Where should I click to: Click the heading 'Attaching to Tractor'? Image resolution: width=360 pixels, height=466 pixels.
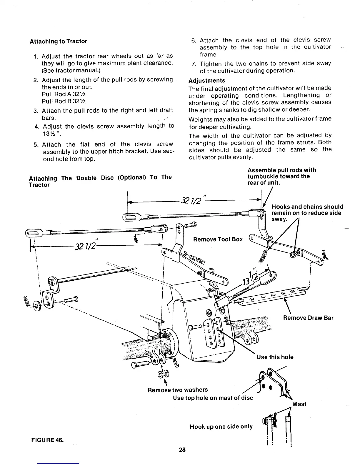(x=58, y=41)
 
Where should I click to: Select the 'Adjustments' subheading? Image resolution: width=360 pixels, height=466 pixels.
(x=207, y=81)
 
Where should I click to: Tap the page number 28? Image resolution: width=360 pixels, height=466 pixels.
(x=182, y=450)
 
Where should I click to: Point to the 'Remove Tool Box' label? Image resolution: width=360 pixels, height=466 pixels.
(x=218, y=239)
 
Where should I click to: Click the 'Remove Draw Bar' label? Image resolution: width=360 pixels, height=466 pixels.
(x=308, y=318)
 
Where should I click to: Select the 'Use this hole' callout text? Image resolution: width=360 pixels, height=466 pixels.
(x=275, y=357)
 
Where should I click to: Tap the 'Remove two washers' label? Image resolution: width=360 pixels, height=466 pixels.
(x=178, y=390)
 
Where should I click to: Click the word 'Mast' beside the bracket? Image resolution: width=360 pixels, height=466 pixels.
(x=299, y=404)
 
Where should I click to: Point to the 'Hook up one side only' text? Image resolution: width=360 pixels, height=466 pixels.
(x=221, y=427)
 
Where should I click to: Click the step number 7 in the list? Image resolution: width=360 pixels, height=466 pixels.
(x=194, y=64)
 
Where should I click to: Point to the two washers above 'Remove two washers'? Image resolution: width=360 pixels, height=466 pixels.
(x=164, y=375)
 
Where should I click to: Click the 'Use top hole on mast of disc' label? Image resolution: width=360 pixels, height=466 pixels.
(x=213, y=398)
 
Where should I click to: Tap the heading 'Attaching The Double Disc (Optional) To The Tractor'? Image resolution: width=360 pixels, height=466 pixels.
(x=100, y=181)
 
